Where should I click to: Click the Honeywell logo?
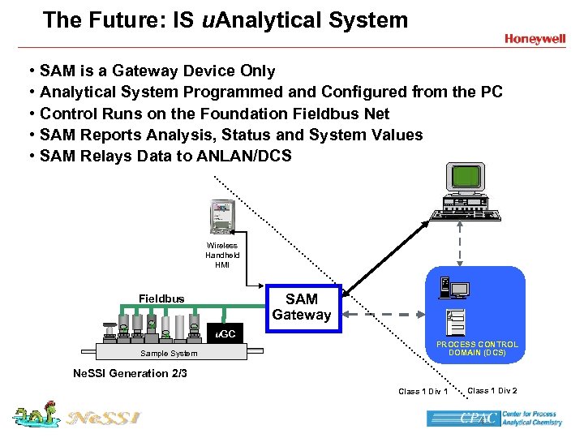coord(535,39)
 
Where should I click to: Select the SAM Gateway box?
coord(302,307)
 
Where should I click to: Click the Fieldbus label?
coord(161,298)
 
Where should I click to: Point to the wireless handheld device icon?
coord(221,217)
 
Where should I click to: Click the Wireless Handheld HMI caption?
coord(222,255)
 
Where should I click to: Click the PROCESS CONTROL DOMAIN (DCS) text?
coord(477,349)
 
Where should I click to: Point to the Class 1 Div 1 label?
coord(423,392)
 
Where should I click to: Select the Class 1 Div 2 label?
coord(492,391)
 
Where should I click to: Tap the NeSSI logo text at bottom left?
coord(104,419)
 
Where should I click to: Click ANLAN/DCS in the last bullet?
coord(244,156)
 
